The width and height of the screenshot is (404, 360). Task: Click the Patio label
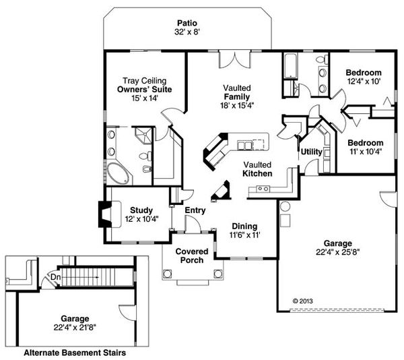[187, 23]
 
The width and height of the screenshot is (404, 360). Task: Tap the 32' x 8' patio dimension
[187, 32]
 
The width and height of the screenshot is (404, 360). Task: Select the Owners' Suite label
[145, 90]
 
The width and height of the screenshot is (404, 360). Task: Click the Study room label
[141, 210]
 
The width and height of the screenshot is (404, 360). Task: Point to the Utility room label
[312, 152]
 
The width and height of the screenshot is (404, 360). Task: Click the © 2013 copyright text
[303, 301]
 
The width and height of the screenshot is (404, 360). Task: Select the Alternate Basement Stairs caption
[75, 353]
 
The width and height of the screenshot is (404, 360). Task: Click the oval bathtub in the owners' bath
[118, 173]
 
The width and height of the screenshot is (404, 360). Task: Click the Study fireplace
[106, 214]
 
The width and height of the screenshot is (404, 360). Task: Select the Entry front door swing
[193, 224]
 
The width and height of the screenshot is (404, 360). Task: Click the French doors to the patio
[234, 60]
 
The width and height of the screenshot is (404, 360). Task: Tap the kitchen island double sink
[244, 146]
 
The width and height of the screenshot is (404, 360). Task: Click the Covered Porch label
[192, 256]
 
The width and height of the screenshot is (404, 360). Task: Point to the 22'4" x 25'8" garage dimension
[337, 252]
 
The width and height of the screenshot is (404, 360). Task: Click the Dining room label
[244, 227]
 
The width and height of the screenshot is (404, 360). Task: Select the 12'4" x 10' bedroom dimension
[364, 82]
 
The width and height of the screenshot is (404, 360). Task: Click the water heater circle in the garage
[285, 207]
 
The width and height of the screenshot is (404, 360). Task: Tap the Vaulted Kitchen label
[257, 169]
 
